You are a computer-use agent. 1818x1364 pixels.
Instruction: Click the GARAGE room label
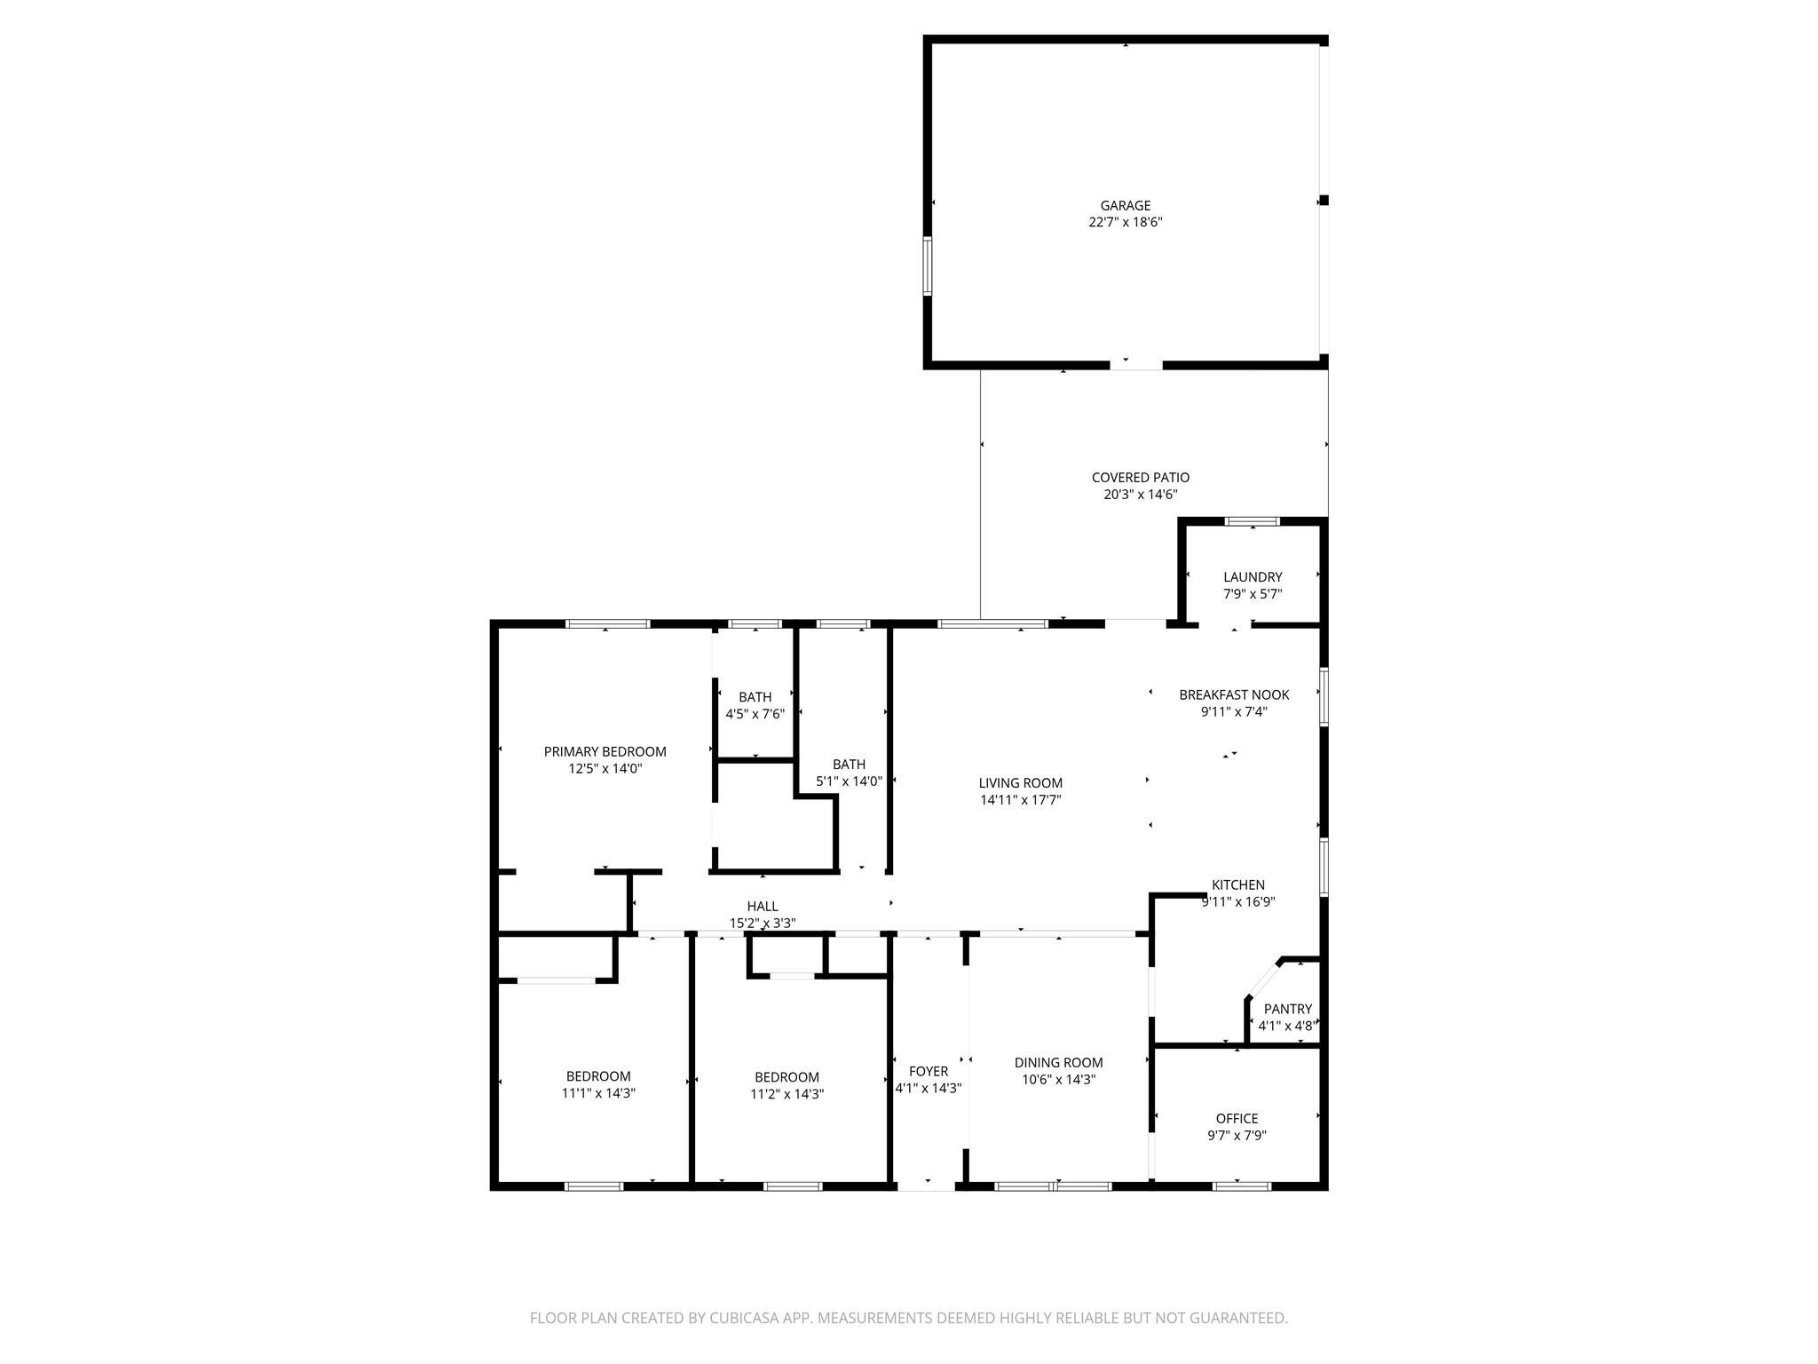[1125, 205]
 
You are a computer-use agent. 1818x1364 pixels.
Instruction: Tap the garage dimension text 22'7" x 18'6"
[1125, 222]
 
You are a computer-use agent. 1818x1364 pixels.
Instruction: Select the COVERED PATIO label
[1140, 478]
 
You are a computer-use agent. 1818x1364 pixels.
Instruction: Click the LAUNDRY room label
[1252, 577]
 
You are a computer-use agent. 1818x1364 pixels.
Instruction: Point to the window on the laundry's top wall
[1252, 521]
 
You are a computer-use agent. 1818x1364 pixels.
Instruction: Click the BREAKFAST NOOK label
[1233, 694]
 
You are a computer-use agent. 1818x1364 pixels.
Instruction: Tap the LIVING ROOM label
[1020, 783]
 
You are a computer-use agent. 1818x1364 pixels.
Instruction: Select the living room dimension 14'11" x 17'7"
[1020, 800]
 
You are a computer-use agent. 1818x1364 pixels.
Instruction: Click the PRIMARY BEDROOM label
[605, 752]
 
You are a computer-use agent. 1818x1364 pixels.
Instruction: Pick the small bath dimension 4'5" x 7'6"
[755, 714]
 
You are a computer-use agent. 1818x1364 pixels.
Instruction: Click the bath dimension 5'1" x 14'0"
[849, 781]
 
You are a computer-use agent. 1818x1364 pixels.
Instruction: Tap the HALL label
[762, 906]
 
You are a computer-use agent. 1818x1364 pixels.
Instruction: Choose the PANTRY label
[1287, 1009]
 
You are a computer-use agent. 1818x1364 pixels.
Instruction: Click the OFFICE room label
[1237, 1119]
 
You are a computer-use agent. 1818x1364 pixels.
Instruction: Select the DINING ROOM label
[1058, 1063]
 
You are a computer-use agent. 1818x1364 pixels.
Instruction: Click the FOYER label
[928, 1072]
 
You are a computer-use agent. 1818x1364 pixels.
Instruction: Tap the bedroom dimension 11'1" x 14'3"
[598, 1094]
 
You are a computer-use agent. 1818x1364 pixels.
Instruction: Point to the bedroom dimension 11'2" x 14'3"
[786, 1095]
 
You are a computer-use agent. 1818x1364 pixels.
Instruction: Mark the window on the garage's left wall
[927, 266]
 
